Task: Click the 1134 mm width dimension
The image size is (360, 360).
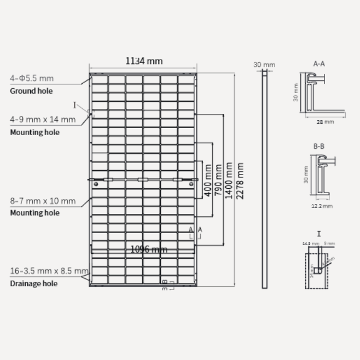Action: point(144,61)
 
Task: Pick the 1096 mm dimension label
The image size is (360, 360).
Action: point(148,249)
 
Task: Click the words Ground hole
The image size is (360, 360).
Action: point(31,91)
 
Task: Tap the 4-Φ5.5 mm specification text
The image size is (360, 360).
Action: point(32,78)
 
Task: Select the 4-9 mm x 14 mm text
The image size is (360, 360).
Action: point(42,119)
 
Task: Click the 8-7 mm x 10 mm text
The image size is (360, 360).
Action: point(42,201)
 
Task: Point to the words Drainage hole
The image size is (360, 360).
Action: point(33,283)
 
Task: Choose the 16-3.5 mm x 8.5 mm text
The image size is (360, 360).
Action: point(49,271)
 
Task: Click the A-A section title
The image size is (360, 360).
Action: point(319,63)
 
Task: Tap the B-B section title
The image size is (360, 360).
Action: point(319,147)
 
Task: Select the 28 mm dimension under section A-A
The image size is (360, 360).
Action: point(325,122)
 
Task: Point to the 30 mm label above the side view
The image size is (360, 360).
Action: point(264,65)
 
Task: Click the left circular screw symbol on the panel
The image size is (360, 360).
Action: point(96,184)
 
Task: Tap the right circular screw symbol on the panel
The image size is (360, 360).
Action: point(191,184)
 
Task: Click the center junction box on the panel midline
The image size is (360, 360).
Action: point(143,179)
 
